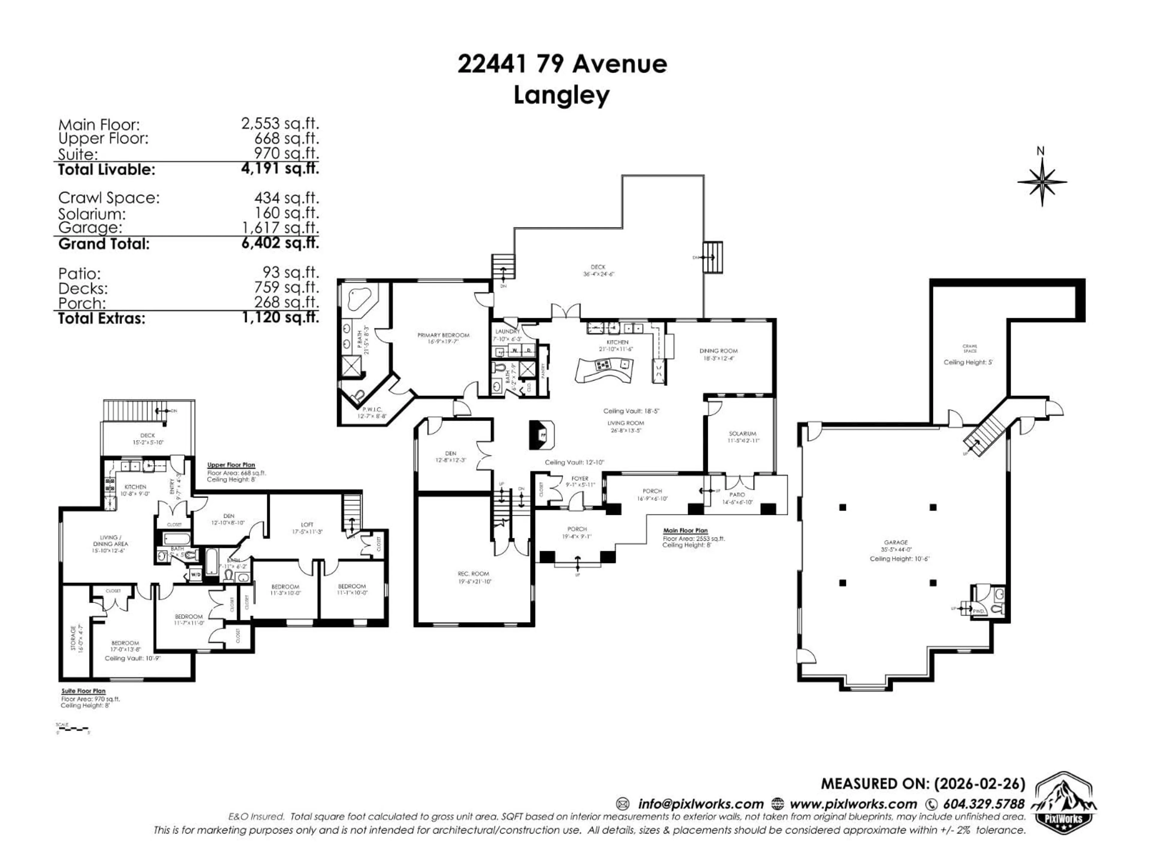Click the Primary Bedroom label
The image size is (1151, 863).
[443, 336]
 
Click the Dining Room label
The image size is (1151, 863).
[718, 351]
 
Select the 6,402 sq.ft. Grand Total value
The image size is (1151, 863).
[280, 243]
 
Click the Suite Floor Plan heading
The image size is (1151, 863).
[83, 691]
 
